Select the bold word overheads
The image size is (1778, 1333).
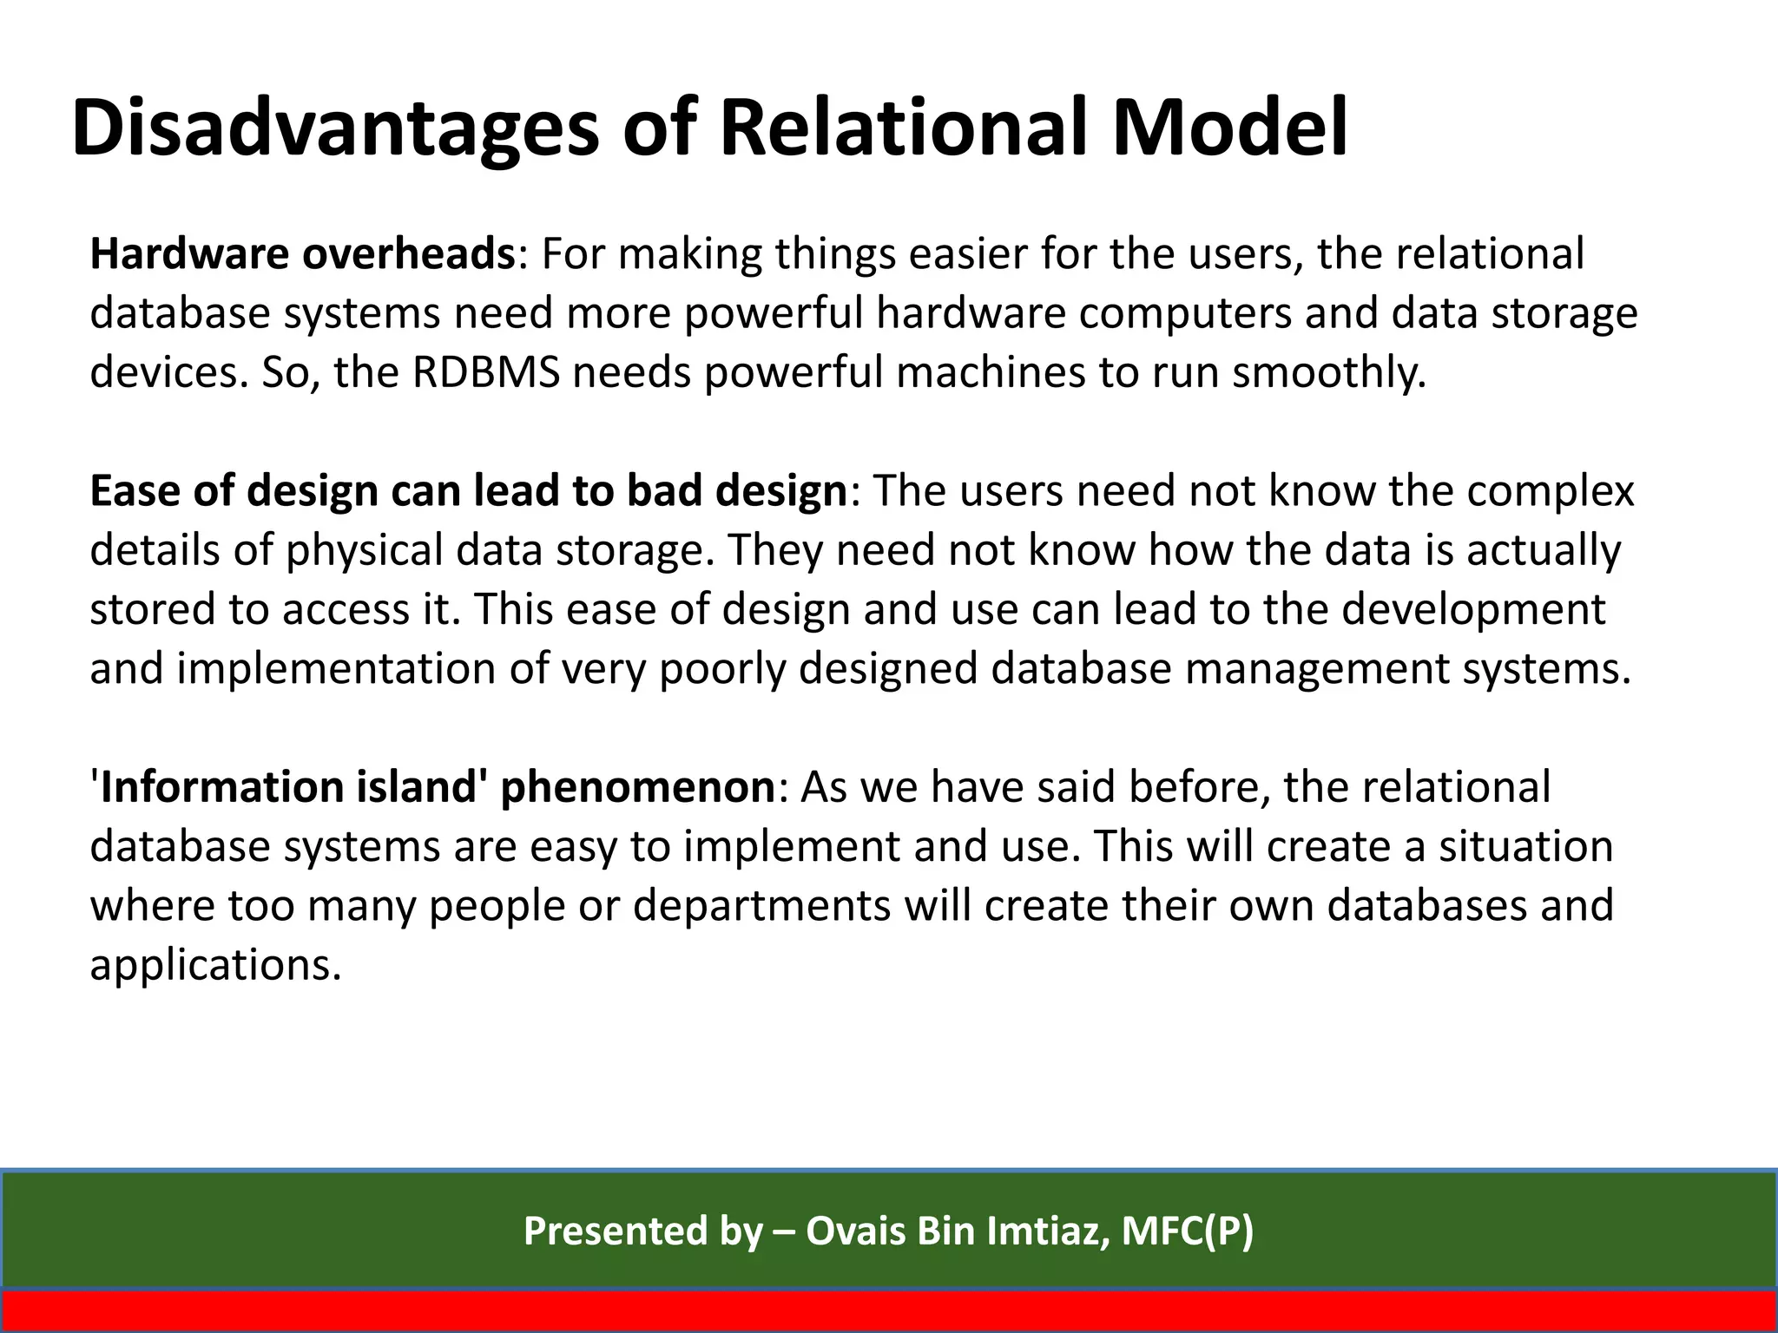point(409,254)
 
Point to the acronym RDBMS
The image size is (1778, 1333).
point(485,372)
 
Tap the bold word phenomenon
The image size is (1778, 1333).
point(637,788)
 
